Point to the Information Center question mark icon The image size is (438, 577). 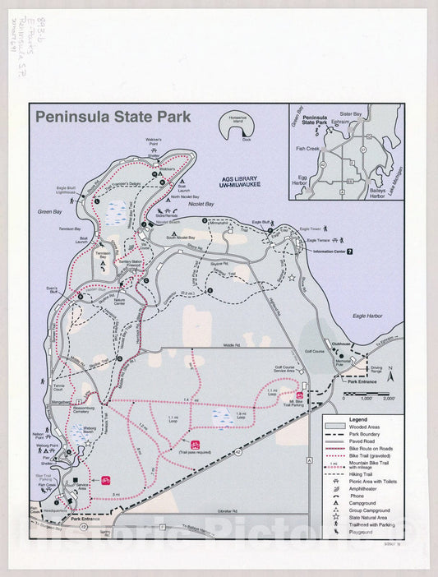[349, 252]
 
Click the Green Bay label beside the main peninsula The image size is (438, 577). [49, 212]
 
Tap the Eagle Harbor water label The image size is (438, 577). [367, 315]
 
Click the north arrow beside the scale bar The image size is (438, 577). [392, 376]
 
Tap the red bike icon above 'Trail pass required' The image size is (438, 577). [195, 443]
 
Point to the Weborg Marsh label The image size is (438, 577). [89, 429]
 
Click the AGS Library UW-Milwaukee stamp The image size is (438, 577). [239, 182]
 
